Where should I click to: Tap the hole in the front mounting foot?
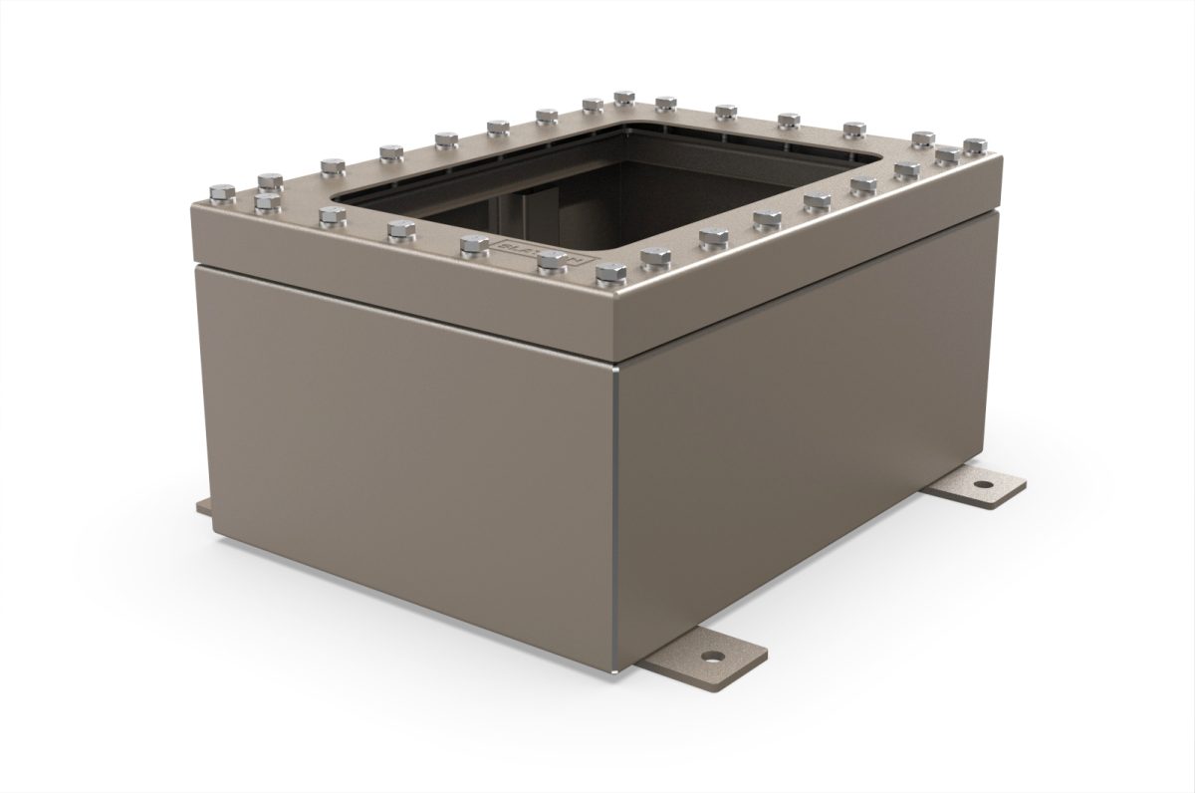pos(713,658)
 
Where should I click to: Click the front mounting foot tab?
pos(702,658)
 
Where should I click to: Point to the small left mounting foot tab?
pos(203,507)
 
